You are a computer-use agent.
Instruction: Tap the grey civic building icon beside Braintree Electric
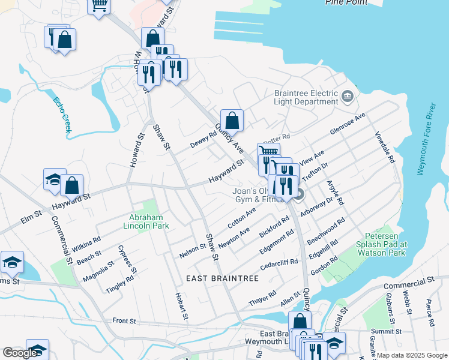[x=347, y=96]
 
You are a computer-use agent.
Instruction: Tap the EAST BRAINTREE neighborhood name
[x=221, y=278]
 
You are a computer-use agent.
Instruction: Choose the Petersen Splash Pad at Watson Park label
[x=386, y=244]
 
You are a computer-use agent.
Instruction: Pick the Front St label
[x=125, y=322]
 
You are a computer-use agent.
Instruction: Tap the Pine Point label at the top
[x=346, y=2]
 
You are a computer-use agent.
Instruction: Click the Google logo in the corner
[x=19, y=353]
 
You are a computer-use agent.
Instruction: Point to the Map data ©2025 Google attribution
[x=411, y=355]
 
